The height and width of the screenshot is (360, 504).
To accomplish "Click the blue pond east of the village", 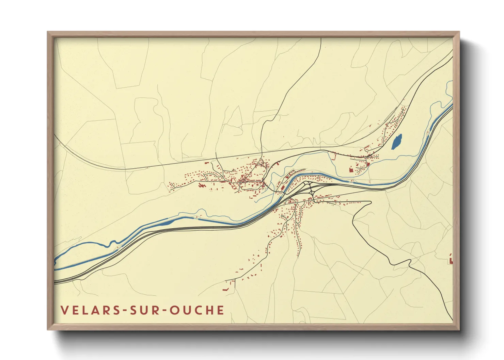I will point(397,142).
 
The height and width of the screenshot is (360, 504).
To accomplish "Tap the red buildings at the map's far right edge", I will point(451,260).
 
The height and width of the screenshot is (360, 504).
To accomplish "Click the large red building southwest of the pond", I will point(351,169).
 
